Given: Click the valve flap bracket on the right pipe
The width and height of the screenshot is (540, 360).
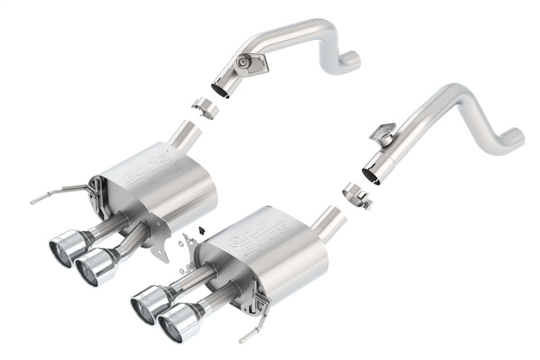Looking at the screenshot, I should point(383,132).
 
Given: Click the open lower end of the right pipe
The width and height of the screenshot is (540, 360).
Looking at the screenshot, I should point(371,174).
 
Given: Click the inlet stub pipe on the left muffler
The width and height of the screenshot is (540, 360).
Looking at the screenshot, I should point(183,135).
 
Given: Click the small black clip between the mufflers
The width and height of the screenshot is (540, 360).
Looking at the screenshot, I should point(200,229).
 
